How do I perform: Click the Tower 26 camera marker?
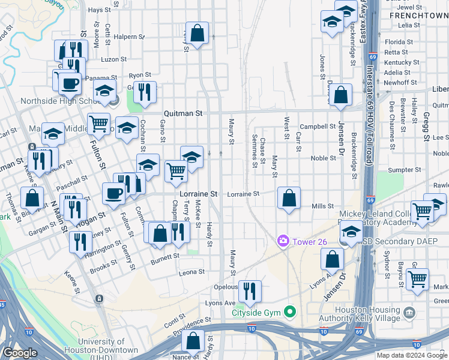(x=283, y=241)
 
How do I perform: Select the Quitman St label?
(x=184, y=112)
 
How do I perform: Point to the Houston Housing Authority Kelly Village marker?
(x=409, y=313)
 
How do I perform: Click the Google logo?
(x=20, y=353)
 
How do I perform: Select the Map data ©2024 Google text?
(x=411, y=355)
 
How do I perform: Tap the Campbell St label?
(x=318, y=127)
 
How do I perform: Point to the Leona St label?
(x=193, y=272)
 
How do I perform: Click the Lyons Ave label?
(x=221, y=304)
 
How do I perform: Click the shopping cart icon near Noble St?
(x=176, y=170)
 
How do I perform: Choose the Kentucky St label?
(x=397, y=62)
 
